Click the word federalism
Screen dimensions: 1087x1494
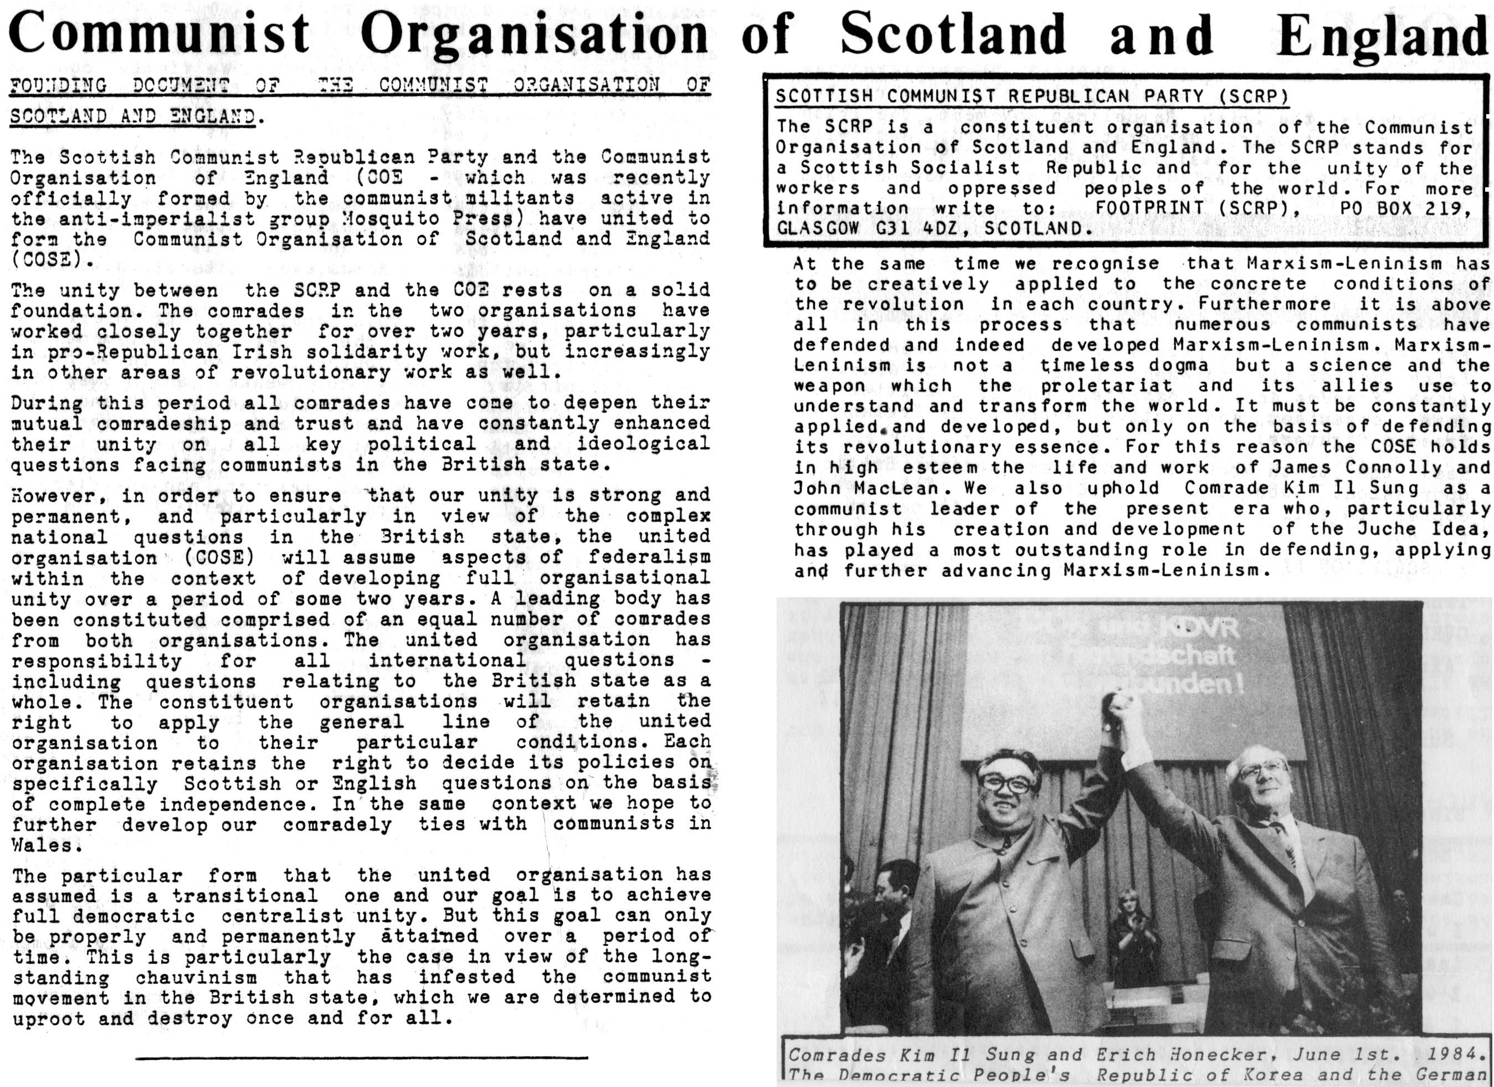coord(650,558)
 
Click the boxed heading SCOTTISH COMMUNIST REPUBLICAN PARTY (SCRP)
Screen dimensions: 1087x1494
coord(1031,97)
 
